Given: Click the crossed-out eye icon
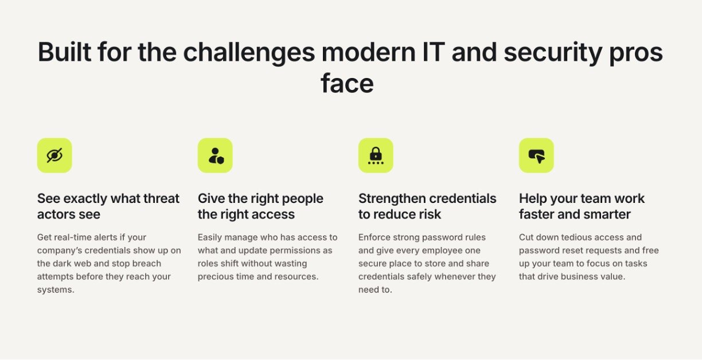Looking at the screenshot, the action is (x=54, y=155).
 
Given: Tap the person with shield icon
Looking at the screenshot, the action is (x=216, y=156).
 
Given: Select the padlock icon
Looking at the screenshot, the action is (x=376, y=156).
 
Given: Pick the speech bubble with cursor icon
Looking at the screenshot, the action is (x=536, y=156).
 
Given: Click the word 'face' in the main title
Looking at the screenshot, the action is (x=347, y=83).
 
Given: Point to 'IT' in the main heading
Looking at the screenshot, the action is (x=434, y=52).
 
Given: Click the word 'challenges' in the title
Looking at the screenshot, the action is (x=249, y=53).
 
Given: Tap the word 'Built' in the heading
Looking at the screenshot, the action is (x=64, y=52).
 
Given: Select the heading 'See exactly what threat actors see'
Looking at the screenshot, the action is (x=108, y=206).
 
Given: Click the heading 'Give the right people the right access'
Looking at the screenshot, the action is (x=260, y=206).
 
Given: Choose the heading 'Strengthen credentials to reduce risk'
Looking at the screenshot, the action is (x=427, y=206).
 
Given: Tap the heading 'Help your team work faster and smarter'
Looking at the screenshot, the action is (x=582, y=206).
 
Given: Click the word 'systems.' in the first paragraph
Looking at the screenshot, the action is (x=56, y=290).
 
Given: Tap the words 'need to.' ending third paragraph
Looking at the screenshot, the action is (x=375, y=290).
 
